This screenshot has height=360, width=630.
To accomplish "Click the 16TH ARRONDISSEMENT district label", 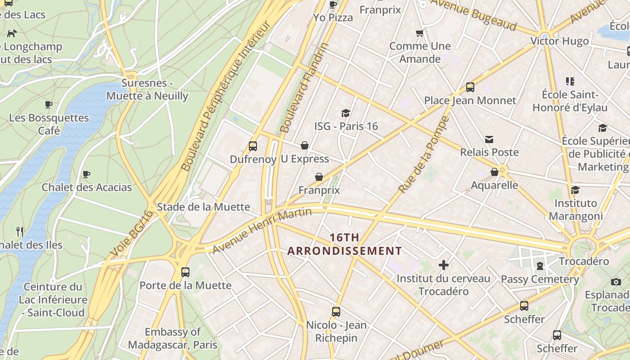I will click(344, 244).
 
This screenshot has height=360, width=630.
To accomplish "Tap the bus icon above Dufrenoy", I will click(253, 146).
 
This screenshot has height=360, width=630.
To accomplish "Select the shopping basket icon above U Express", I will click(305, 145).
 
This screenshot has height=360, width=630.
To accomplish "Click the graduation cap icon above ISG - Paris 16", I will click(346, 113).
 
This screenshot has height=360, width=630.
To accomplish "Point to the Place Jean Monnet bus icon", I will click(470, 87).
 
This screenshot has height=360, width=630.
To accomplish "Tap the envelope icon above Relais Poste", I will click(489, 139).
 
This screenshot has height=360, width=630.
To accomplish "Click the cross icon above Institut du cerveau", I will click(444, 265).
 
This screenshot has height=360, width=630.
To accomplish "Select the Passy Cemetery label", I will click(540, 279).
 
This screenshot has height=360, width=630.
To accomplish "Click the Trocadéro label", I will click(584, 261).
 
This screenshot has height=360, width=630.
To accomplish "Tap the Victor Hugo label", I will click(559, 41).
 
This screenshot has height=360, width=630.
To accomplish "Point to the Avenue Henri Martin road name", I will click(262, 230).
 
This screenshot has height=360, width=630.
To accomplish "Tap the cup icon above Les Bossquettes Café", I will click(49, 105).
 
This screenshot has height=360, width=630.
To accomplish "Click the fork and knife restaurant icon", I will click(20, 232).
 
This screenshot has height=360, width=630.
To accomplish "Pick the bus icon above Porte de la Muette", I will click(185, 272).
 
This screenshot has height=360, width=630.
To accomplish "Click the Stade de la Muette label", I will click(203, 207).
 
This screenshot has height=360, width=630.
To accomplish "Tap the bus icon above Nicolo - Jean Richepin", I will click(336, 312).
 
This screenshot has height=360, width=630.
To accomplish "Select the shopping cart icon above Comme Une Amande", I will click(419, 33).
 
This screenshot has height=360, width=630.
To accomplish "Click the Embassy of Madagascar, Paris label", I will click(173, 338).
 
